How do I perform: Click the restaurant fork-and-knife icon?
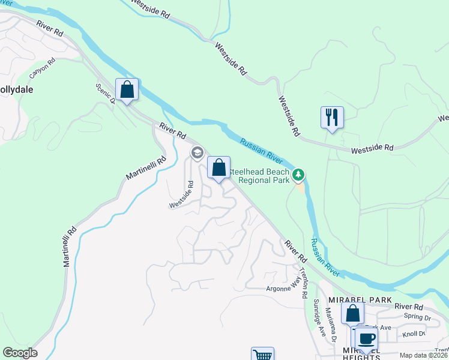tap(332, 116)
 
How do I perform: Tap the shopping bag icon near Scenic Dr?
tap(127, 90)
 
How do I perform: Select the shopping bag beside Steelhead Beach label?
tap(218, 167)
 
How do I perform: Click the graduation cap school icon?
tap(196, 153)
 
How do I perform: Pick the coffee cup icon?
tap(366, 338)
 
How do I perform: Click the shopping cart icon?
tap(262, 355)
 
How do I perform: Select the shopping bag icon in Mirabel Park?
tap(352, 313)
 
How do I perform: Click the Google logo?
tap(20, 353)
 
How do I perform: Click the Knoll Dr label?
tap(414, 333)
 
